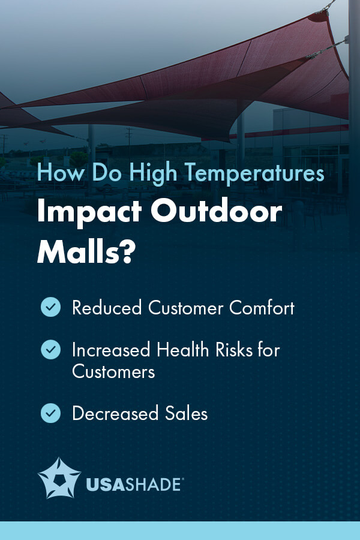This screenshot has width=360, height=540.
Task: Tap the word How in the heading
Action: (x=57, y=174)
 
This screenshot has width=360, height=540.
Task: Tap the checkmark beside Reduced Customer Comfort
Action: (x=50, y=308)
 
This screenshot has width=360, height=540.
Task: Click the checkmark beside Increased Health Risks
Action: (x=50, y=349)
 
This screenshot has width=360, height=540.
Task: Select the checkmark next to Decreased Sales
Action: (x=50, y=413)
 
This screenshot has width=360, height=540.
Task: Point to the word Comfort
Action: (x=262, y=308)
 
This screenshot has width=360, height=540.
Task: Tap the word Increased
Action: (x=112, y=349)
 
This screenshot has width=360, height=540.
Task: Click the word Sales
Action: (x=187, y=413)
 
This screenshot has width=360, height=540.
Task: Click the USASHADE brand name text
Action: (x=133, y=484)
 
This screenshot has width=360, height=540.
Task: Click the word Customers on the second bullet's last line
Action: (x=113, y=371)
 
